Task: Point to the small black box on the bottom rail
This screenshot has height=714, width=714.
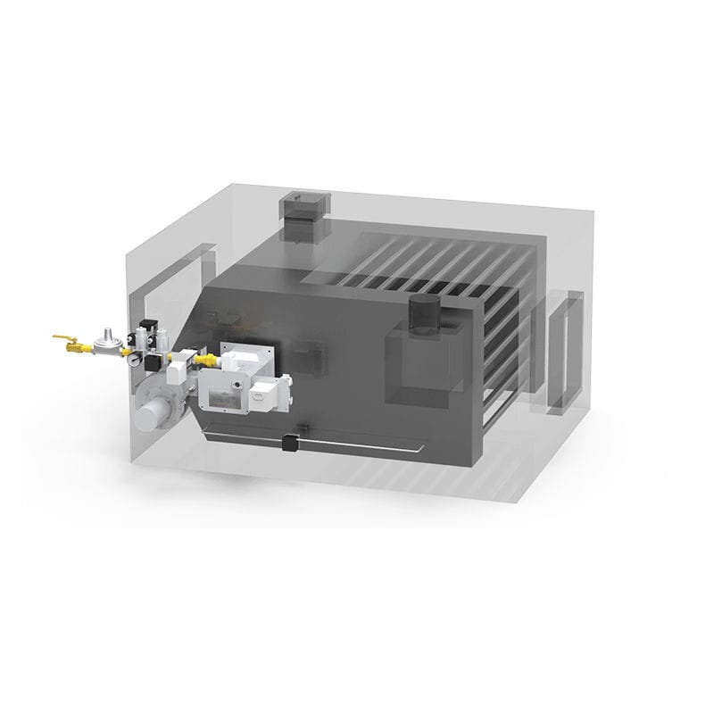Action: tap(289, 441)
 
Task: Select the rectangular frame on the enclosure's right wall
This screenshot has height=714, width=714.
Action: tap(565, 353)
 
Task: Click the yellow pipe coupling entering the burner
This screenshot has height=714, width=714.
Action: tap(207, 360)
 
